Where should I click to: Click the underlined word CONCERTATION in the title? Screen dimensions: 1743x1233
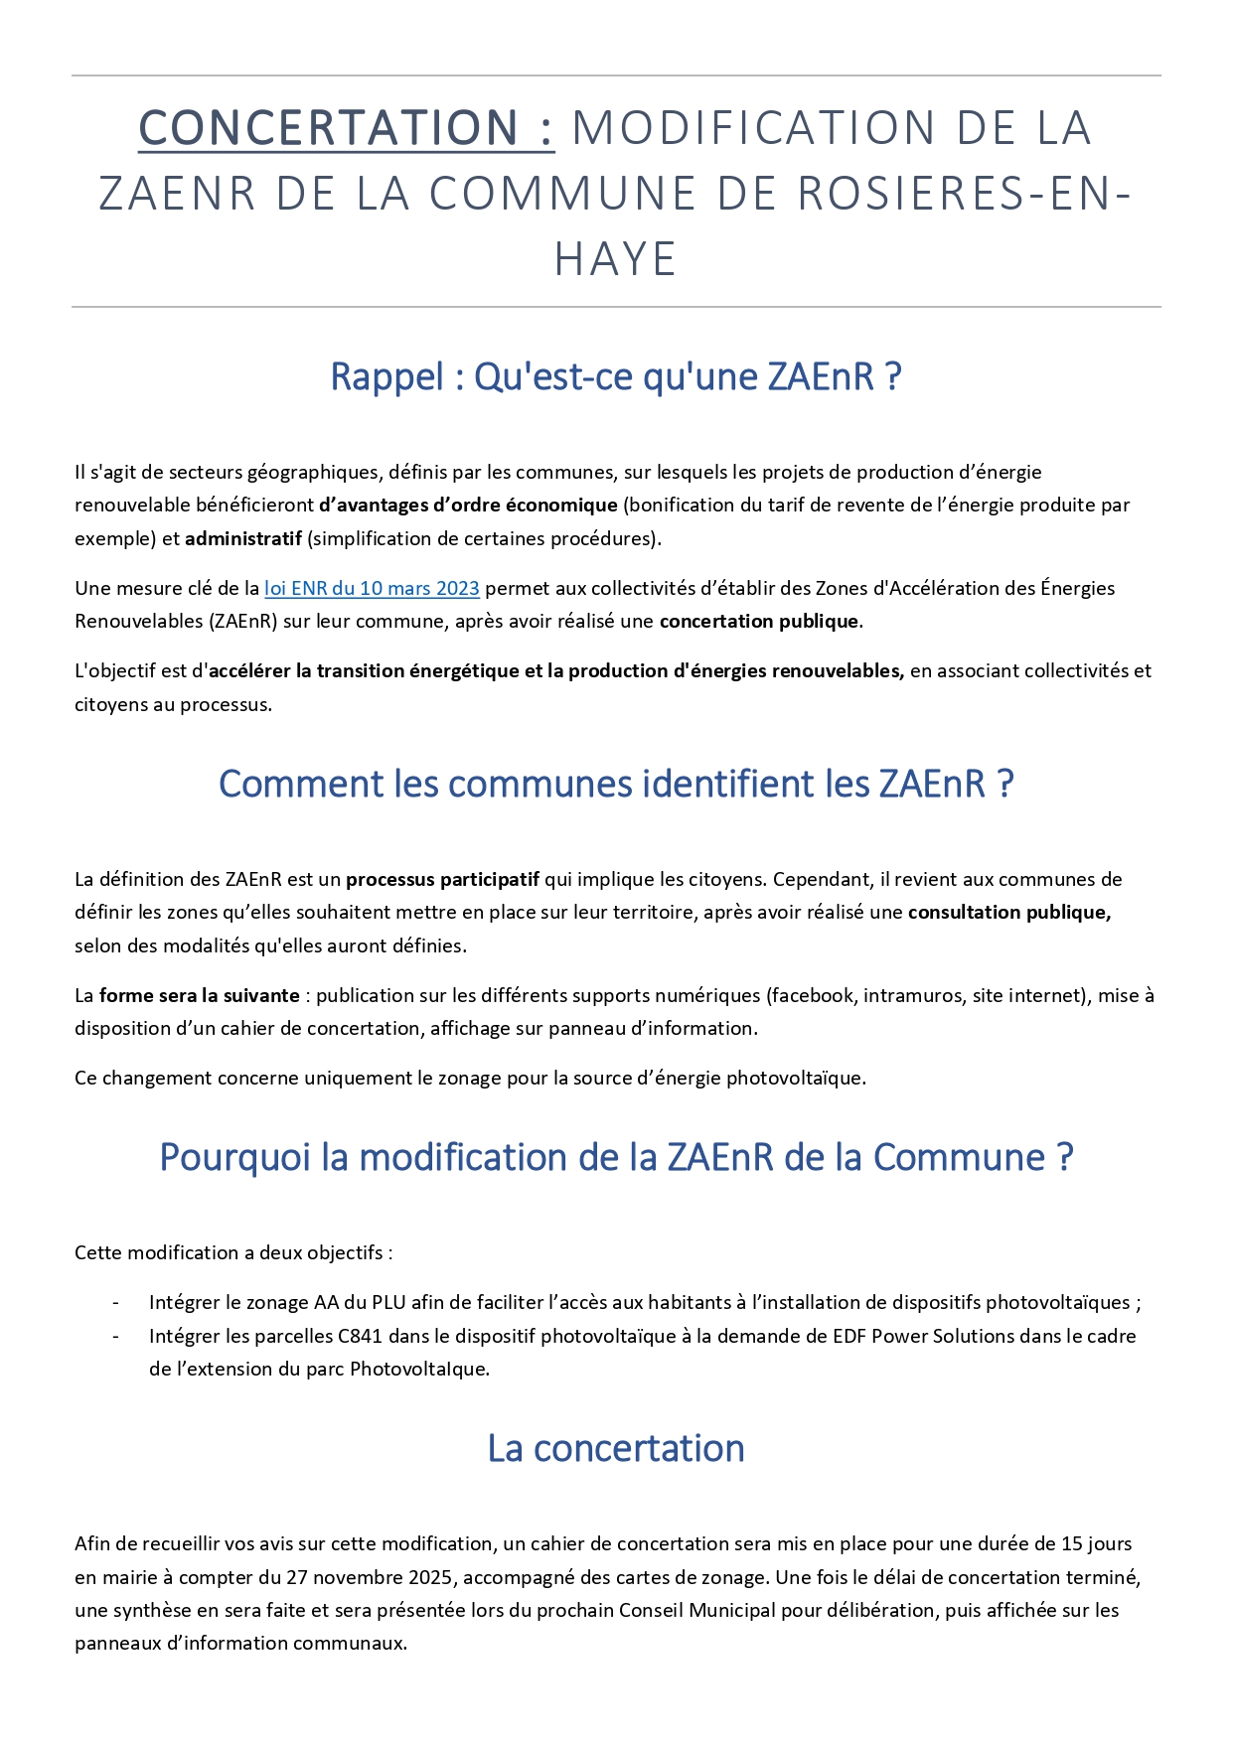point(328,128)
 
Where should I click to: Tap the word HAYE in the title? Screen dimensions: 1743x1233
point(615,259)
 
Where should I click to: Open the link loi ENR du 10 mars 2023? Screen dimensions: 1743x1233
point(372,588)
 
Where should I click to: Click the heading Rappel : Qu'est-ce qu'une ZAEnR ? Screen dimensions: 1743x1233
point(615,377)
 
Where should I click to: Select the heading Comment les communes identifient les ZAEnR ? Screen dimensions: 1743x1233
point(615,784)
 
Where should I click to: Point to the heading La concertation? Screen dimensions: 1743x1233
point(615,1448)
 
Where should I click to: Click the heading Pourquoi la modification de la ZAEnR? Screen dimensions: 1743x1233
point(615,1157)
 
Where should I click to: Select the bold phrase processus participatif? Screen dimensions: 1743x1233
point(442,879)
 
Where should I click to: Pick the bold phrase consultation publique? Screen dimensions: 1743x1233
point(1008,912)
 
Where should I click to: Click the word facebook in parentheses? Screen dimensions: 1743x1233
point(812,995)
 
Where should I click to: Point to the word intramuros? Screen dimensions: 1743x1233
point(912,995)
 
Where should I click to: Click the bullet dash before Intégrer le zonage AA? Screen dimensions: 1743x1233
point(116,1303)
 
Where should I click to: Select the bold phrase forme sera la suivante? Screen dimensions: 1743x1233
point(199,995)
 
